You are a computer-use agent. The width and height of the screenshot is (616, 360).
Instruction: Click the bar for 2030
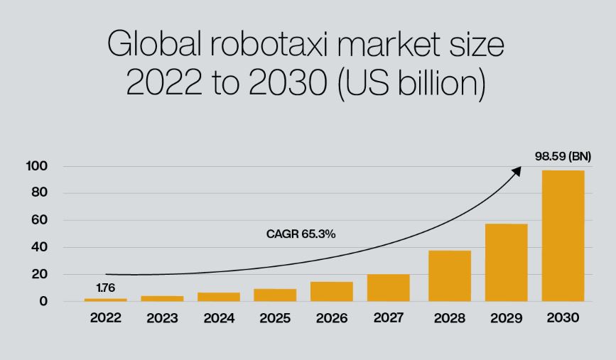click(563, 236)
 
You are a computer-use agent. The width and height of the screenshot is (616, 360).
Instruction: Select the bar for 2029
click(506, 263)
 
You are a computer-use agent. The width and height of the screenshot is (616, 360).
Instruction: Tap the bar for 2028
click(450, 276)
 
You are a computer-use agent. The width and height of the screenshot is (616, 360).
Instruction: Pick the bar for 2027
click(389, 288)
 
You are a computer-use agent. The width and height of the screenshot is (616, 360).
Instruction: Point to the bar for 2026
click(332, 292)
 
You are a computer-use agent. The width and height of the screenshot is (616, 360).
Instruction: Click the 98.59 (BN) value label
click(563, 156)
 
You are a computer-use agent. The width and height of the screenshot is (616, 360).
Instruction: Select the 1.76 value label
click(105, 288)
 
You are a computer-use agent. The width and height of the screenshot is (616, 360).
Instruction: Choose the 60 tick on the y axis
click(40, 220)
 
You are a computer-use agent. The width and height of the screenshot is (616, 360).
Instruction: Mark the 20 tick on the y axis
click(40, 274)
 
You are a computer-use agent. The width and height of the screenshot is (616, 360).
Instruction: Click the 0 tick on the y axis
click(43, 301)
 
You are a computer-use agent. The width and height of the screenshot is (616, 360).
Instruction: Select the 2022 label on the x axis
click(105, 318)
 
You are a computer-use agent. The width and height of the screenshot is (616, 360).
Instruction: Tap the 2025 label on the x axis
click(275, 318)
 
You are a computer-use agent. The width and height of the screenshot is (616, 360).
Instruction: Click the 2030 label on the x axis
click(563, 318)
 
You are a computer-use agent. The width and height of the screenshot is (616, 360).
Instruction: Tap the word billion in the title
click(438, 84)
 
